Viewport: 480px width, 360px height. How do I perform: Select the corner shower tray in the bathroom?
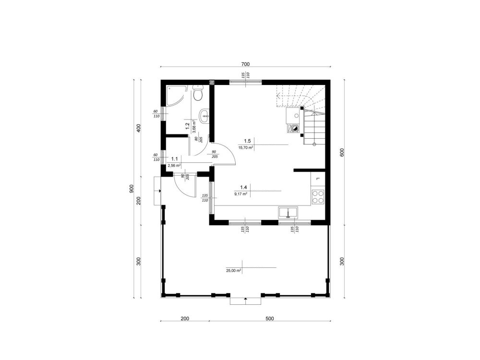pos(175,95)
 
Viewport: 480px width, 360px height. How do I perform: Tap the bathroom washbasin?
pos(204,116)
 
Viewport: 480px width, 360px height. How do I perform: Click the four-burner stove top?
pos(317,196)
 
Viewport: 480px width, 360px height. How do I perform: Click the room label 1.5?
pos(247,141)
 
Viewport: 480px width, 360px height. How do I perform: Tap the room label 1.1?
pos(175,159)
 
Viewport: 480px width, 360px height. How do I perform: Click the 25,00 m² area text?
pos(234,271)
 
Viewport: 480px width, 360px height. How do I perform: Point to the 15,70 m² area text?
pos(246,147)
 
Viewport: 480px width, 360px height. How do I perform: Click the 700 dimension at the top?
pos(245,64)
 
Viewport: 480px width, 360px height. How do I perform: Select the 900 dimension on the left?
pos(132,189)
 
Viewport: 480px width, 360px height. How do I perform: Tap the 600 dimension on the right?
pos(342,153)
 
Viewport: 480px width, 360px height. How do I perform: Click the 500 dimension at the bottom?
pos(269,319)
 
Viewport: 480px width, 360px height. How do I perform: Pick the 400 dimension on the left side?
pos(138,128)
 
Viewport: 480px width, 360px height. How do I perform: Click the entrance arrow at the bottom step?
pos(245,300)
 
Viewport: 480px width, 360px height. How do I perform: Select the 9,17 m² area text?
pos(241,194)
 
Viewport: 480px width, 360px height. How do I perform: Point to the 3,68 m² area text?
pos(194,126)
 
